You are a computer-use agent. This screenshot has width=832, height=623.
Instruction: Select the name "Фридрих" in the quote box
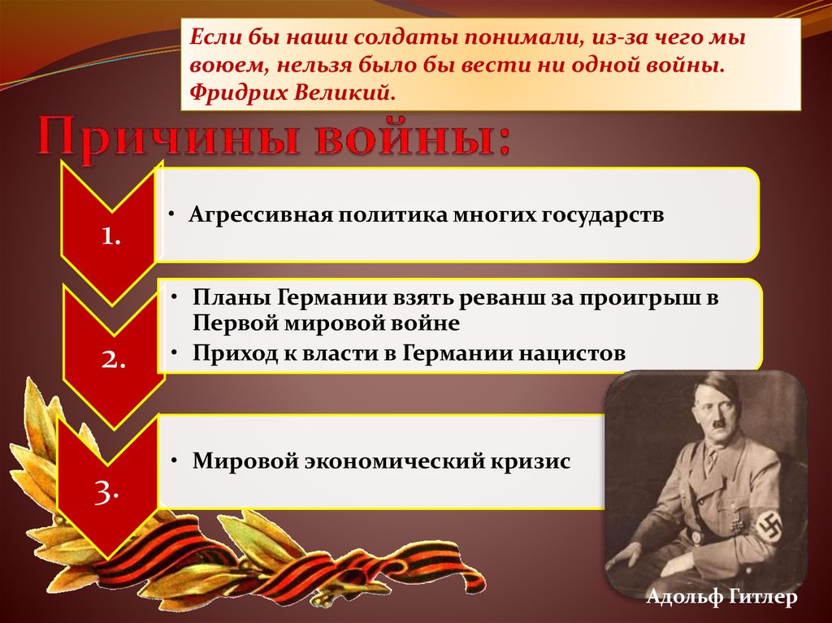click(x=232, y=93)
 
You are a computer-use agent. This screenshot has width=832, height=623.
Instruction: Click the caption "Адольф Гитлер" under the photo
click(x=721, y=597)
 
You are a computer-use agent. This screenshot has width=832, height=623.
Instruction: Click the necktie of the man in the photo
click(x=710, y=461)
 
